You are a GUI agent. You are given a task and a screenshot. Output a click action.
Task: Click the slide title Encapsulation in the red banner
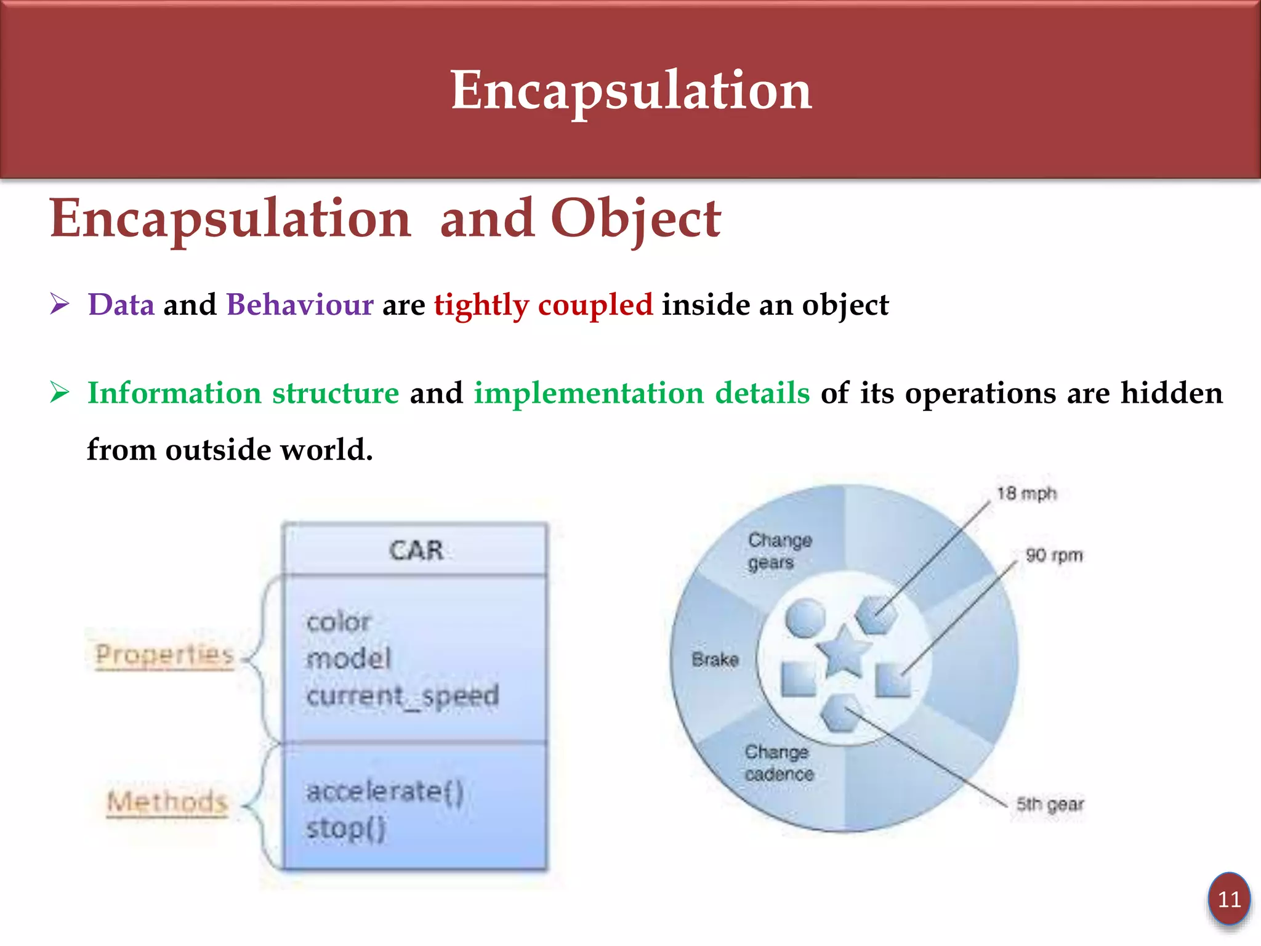coord(630,91)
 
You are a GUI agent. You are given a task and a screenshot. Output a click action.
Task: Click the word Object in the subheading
coord(635,219)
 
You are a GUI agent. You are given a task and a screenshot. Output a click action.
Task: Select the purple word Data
coord(121,305)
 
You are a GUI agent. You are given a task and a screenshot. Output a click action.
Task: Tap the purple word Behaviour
coord(300,305)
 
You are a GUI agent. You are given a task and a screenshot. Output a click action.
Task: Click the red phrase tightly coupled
coord(543,305)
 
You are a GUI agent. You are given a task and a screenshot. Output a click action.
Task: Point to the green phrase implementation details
coord(641,393)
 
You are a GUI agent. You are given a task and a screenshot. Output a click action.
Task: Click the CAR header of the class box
coord(416,550)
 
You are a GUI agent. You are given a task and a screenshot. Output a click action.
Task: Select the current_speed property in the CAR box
coord(403,696)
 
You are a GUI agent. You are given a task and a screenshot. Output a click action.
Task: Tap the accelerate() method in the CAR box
coord(385,791)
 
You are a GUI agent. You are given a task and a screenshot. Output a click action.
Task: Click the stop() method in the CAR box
coord(346,828)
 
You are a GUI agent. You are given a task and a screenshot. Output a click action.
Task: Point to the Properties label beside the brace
coord(164,654)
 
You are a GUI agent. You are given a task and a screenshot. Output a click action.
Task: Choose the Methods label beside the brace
coord(167,801)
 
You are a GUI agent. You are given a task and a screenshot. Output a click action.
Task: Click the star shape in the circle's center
coord(843,653)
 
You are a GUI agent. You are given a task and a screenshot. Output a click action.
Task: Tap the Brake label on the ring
coord(715,660)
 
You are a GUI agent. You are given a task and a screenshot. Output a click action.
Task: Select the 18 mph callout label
coord(1026,493)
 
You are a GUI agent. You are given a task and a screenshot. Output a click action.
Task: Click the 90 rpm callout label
coord(1054,555)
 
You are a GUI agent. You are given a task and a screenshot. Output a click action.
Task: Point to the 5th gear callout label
coord(1050,804)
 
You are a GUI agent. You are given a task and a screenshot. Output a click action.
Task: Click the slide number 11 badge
coord(1229,899)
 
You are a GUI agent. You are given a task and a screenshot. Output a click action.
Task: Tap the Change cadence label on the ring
coord(779,762)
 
